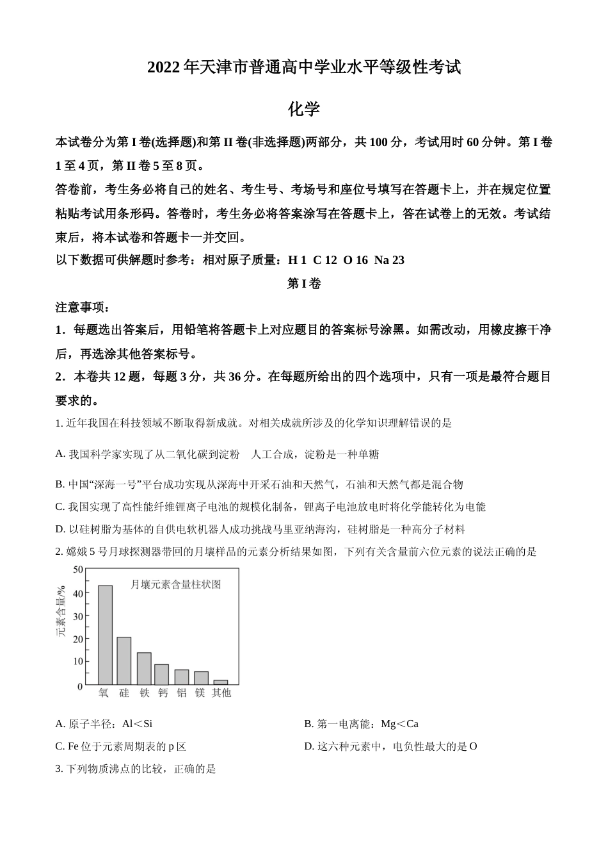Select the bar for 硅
[x=124, y=660]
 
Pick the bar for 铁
[x=144, y=668]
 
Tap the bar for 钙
[x=162, y=674]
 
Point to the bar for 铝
[x=182, y=677]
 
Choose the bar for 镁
[x=201, y=678]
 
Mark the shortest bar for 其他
[x=220, y=682]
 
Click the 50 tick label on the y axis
[x=78, y=570]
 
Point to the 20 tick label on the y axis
[x=78, y=639]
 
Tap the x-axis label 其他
[x=221, y=693]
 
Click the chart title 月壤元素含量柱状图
[x=175, y=584]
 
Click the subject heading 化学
[x=303, y=110]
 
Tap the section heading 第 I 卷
[x=303, y=283]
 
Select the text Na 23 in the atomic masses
[x=389, y=260]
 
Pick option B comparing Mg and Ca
[x=361, y=724]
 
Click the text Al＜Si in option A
[x=137, y=724]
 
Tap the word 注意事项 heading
[x=83, y=307]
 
